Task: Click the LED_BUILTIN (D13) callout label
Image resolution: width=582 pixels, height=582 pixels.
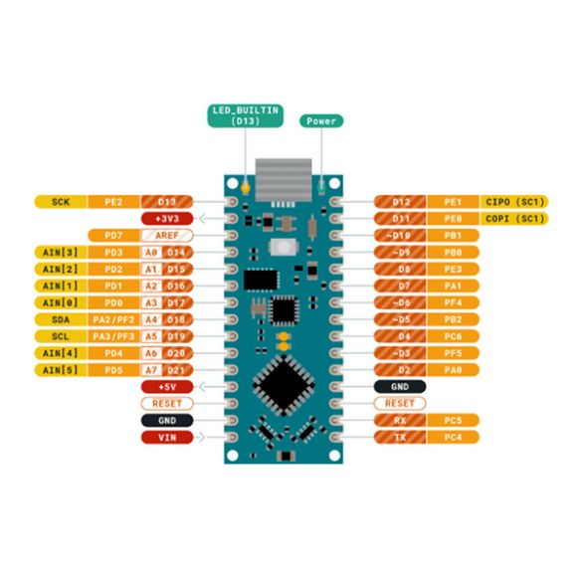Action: click(244, 114)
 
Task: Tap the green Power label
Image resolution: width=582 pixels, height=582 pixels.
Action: click(321, 120)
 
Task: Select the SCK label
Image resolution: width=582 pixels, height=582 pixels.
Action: click(61, 201)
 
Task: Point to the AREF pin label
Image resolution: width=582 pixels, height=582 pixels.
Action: click(166, 235)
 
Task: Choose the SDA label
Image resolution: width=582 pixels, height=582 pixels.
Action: click(61, 319)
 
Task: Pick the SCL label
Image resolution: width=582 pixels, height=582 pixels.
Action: click(61, 336)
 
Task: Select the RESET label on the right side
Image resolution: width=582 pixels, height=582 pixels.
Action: click(399, 403)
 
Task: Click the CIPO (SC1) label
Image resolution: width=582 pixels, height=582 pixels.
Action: click(515, 201)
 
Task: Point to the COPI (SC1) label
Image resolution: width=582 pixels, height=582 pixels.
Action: click(515, 218)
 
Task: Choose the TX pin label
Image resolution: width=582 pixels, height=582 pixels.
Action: click(399, 437)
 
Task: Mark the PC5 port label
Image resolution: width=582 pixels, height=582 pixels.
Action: click(454, 420)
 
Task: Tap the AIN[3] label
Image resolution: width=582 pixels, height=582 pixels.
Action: click(61, 252)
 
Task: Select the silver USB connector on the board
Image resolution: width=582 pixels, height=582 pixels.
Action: click(283, 179)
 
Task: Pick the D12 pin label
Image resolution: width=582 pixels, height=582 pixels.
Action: click(399, 201)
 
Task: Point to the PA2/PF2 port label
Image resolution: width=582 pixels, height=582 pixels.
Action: click(113, 319)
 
